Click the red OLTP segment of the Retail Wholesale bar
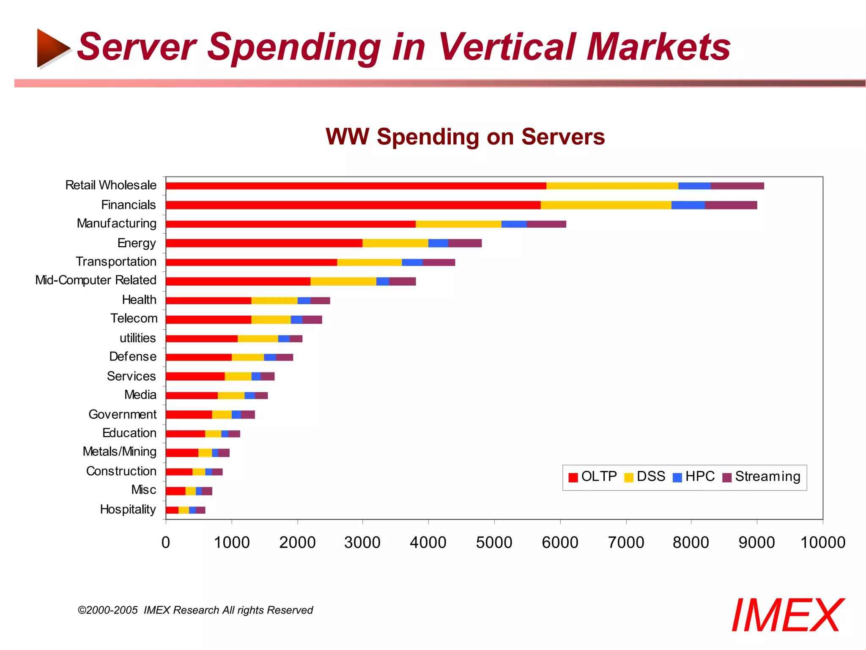click(x=355, y=186)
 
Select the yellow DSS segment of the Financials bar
click(x=606, y=205)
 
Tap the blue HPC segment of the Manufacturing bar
click(x=514, y=224)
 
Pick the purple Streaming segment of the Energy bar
click(x=465, y=243)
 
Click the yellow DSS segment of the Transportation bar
click(x=369, y=262)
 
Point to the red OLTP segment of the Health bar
click(x=208, y=300)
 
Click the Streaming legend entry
click(x=761, y=477)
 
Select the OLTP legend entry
click(x=593, y=477)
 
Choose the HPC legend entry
click(x=693, y=477)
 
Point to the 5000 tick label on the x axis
click(x=494, y=543)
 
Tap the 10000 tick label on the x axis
click(x=822, y=543)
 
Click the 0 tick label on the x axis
click(x=166, y=543)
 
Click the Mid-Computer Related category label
click(x=96, y=280)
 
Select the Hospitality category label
click(x=128, y=509)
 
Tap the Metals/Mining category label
click(x=120, y=452)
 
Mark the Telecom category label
click(x=134, y=318)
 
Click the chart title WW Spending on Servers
click(x=465, y=137)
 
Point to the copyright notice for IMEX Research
click(x=195, y=610)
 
